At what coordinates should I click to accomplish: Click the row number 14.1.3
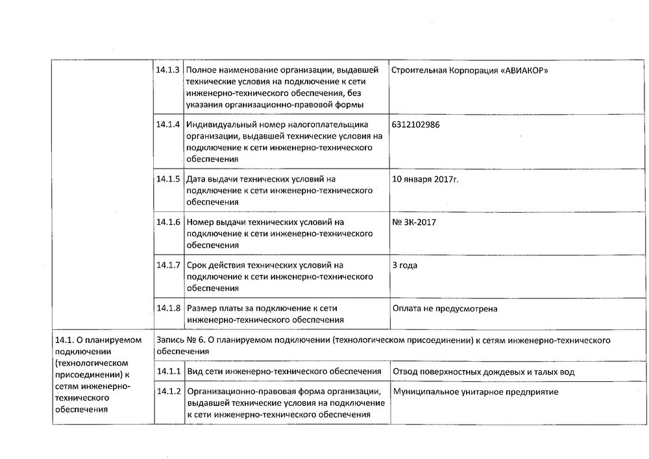pos(168,69)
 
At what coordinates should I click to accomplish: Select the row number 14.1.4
pos(168,124)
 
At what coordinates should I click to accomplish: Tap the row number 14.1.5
pos(168,178)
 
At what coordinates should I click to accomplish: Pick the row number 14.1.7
pos(168,265)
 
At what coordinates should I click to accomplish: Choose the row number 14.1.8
pos(168,308)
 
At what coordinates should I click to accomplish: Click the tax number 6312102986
pos(415,124)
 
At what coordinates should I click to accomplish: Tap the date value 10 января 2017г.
pos(425,178)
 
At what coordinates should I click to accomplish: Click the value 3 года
pos(405,265)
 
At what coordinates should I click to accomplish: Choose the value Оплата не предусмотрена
pos(445,309)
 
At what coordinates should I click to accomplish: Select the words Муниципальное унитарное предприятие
pos(475,392)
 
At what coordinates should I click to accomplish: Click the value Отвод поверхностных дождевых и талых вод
pos(484,371)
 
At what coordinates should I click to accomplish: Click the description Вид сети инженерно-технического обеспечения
pos(284,371)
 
